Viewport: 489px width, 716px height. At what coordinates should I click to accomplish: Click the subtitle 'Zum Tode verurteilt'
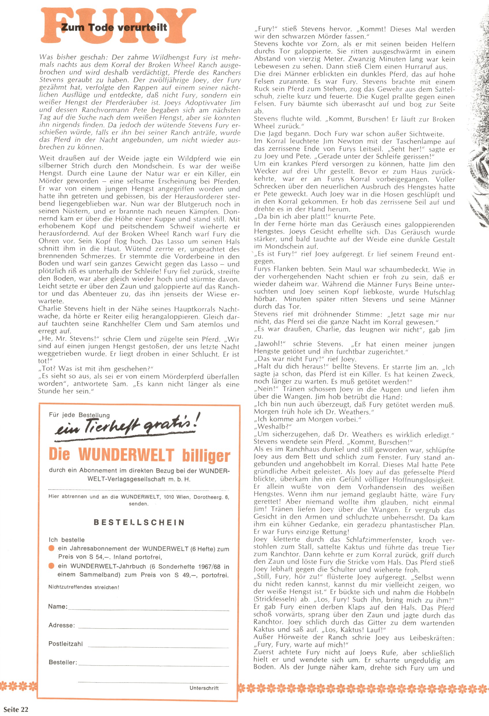114,27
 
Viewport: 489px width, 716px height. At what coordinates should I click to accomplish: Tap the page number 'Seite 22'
16,710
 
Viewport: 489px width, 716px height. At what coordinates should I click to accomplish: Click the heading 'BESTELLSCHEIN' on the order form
139,522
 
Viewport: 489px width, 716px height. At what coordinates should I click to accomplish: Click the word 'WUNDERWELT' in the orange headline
126,455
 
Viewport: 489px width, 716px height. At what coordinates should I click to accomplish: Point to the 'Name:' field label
58,606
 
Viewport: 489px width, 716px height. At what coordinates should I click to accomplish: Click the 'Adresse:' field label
61,625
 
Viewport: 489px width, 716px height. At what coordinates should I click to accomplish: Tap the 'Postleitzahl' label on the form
65,644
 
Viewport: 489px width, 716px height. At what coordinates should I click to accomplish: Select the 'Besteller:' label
63,662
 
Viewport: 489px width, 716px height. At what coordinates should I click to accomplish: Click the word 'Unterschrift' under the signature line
204,688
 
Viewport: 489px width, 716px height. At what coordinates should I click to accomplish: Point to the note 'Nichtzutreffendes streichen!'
83,587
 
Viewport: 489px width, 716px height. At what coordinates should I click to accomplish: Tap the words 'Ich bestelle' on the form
67,540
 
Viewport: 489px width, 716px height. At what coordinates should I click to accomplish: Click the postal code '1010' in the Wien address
169,497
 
